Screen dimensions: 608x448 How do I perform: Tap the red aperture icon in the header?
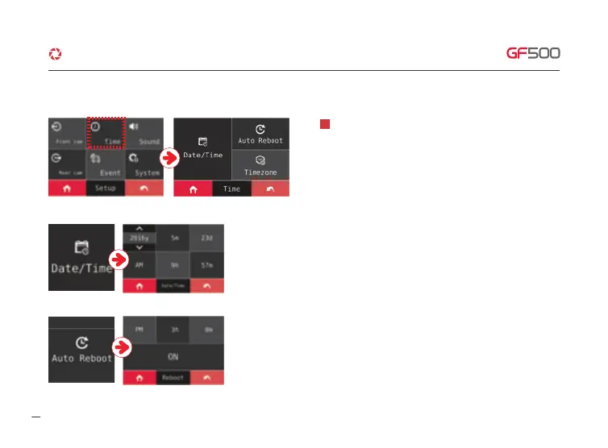[x=55, y=54]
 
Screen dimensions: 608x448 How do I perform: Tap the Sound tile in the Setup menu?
[x=144, y=132]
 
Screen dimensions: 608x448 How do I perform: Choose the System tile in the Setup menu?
[x=144, y=165]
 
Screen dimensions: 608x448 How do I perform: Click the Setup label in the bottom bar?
[x=106, y=189]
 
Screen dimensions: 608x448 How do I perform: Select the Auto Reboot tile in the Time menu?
[x=260, y=133]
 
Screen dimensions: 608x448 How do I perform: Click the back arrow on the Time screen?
[x=269, y=189]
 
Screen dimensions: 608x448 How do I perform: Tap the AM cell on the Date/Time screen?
[x=140, y=264]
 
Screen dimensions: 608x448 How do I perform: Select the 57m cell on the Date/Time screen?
[x=207, y=264]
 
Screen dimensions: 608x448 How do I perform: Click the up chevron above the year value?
[x=140, y=228]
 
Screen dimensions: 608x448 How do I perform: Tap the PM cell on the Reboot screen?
[x=140, y=328]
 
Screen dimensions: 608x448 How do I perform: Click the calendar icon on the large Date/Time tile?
[x=81, y=247]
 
